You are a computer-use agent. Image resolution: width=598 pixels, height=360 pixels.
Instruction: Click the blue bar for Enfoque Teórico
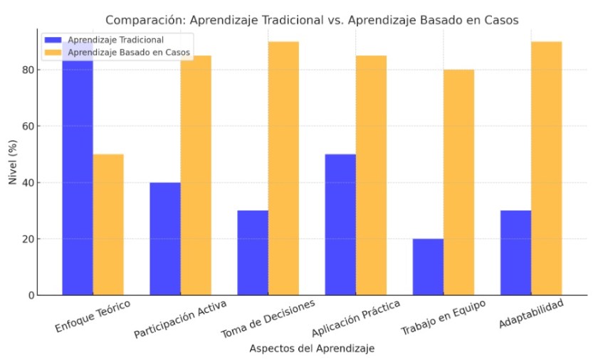(78, 178)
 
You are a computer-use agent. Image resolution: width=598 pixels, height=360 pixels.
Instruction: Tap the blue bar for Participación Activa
(165, 238)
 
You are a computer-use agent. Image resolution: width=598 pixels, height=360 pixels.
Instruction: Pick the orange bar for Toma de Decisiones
(283, 168)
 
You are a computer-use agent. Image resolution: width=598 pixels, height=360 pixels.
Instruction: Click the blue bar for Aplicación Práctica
(340, 224)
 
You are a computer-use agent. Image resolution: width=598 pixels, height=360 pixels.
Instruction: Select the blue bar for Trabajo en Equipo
(428, 267)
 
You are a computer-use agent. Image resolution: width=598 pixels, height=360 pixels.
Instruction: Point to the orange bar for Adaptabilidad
(546, 168)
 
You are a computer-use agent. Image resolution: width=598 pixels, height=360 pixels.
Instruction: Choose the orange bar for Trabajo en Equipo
(458, 182)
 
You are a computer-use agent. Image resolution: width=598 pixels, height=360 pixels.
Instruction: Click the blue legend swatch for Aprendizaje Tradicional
(53, 40)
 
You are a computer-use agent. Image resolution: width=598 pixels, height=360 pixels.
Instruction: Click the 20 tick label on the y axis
(26, 239)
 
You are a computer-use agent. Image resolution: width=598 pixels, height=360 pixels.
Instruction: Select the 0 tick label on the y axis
(29, 295)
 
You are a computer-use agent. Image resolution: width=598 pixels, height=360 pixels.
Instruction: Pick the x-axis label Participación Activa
(180, 321)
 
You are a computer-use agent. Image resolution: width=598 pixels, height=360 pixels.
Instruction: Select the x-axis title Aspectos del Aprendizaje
(312, 349)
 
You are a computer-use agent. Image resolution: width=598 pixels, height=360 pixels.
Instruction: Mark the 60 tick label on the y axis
(26, 127)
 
